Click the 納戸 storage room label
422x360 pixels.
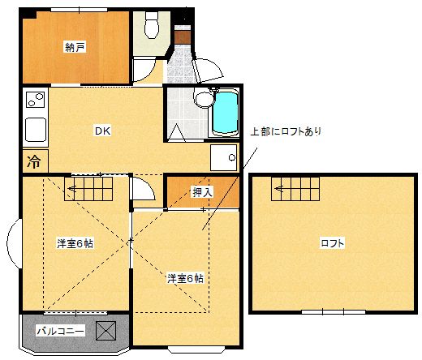pos(75,47)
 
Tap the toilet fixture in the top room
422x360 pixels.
pos(150,28)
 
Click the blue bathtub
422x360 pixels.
pos(224,114)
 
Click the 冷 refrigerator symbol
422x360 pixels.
pos(34,161)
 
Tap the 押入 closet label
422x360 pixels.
pos(202,192)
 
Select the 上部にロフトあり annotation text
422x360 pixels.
pos(285,131)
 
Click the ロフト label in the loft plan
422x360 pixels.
pos(331,242)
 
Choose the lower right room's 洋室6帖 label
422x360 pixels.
pos(185,278)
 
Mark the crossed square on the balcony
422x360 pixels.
pos(107,331)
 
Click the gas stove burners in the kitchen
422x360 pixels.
pos(35,103)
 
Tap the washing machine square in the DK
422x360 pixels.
pos(224,157)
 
